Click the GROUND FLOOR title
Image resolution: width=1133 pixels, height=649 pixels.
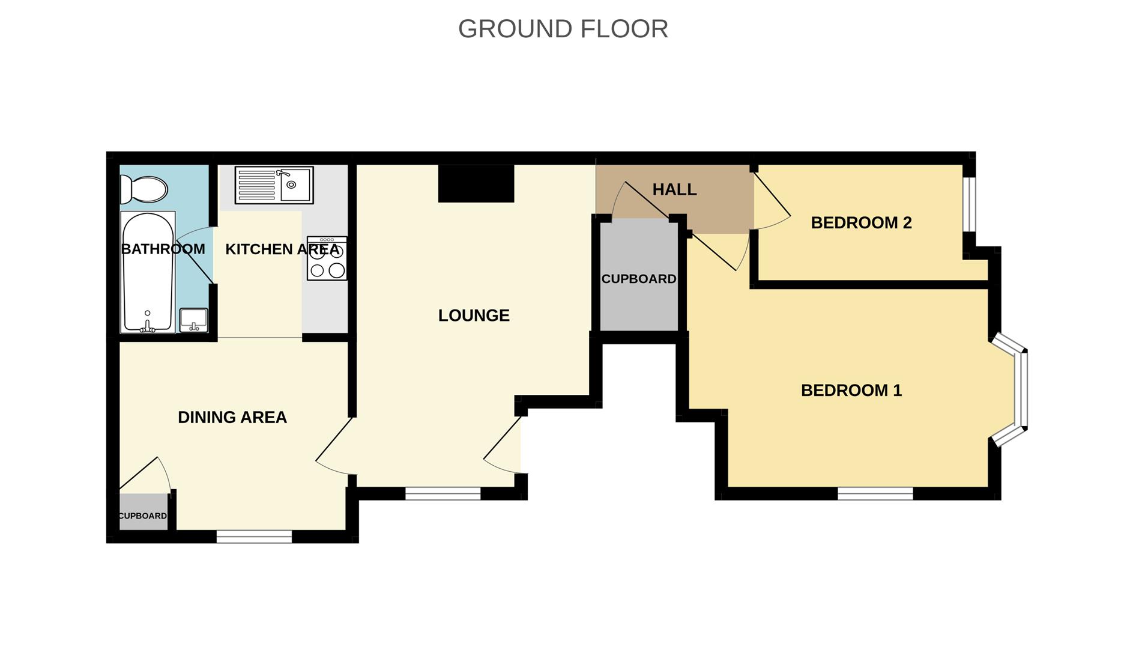click(x=563, y=29)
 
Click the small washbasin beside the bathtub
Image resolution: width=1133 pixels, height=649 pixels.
click(x=193, y=320)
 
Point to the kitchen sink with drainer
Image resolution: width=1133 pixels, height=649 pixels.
click(x=274, y=184)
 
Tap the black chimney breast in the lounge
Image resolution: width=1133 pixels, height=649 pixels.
click(x=476, y=183)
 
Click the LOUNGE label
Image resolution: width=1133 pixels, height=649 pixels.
click(x=474, y=315)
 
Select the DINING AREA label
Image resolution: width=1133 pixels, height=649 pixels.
click(x=232, y=417)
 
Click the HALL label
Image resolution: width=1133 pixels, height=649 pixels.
click(x=674, y=190)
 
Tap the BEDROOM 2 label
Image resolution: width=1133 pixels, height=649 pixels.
click(x=861, y=223)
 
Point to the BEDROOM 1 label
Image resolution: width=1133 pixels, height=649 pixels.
click(x=851, y=391)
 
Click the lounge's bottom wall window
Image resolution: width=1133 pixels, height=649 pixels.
click(x=443, y=493)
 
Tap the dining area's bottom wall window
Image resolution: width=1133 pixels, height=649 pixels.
click(x=254, y=537)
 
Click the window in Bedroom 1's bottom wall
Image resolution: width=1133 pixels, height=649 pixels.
click(x=875, y=493)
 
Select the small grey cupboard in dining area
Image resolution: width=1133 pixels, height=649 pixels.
click(x=143, y=513)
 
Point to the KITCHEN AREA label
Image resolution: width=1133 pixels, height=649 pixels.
click(x=282, y=249)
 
